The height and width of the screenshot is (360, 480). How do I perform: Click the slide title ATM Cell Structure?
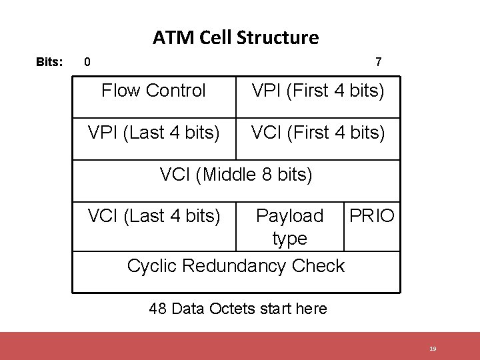click(235, 37)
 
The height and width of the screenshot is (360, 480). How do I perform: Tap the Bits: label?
click(49, 63)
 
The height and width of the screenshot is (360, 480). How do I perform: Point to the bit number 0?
click(87, 63)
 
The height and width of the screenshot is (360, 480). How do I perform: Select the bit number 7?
click(378, 63)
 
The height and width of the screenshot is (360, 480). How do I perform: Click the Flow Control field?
click(153, 91)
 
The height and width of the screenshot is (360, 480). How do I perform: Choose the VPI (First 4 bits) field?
click(318, 91)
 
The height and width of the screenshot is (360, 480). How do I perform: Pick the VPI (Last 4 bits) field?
click(153, 133)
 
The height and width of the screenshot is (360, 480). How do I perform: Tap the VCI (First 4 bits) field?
click(318, 133)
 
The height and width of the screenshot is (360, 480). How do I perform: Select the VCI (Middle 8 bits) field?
click(236, 175)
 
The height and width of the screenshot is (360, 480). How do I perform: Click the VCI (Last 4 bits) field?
click(153, 216)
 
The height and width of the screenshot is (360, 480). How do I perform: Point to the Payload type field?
click(289, 227)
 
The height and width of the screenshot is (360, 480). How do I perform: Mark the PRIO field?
click(372, 216)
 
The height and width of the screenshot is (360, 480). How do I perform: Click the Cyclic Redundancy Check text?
click(236, 265)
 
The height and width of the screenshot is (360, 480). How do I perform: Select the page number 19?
click(433, 349)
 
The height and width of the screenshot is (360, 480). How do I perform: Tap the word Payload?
click(289, 216)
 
